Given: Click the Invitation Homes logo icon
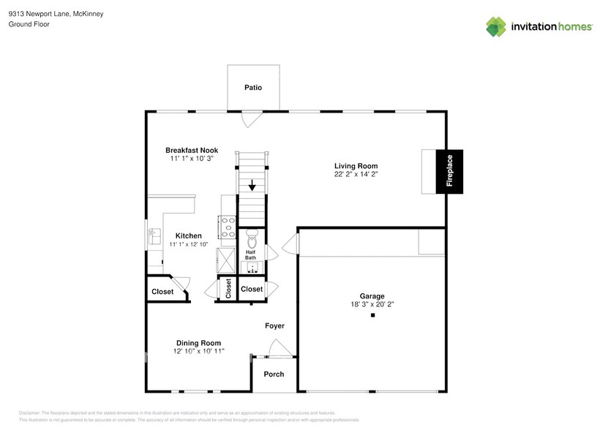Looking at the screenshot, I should coord(496,26).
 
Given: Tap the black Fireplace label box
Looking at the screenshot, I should coord(449,171).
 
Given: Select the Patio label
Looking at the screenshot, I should coord(252,88).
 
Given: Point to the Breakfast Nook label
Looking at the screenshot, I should coord(191,150).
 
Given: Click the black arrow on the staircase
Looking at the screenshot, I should coord(251,185).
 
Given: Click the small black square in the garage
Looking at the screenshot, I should coord(372,315).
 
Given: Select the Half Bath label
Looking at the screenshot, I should coord(250,254).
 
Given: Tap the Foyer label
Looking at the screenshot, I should coord(274,325).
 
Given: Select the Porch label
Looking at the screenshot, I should coord(274,374).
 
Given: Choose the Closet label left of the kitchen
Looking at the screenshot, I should coord(162,292).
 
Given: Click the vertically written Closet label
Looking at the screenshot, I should coord(228,289).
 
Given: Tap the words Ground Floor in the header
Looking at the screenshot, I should coord(29,24).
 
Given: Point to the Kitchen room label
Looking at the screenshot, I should coord(188,235).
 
